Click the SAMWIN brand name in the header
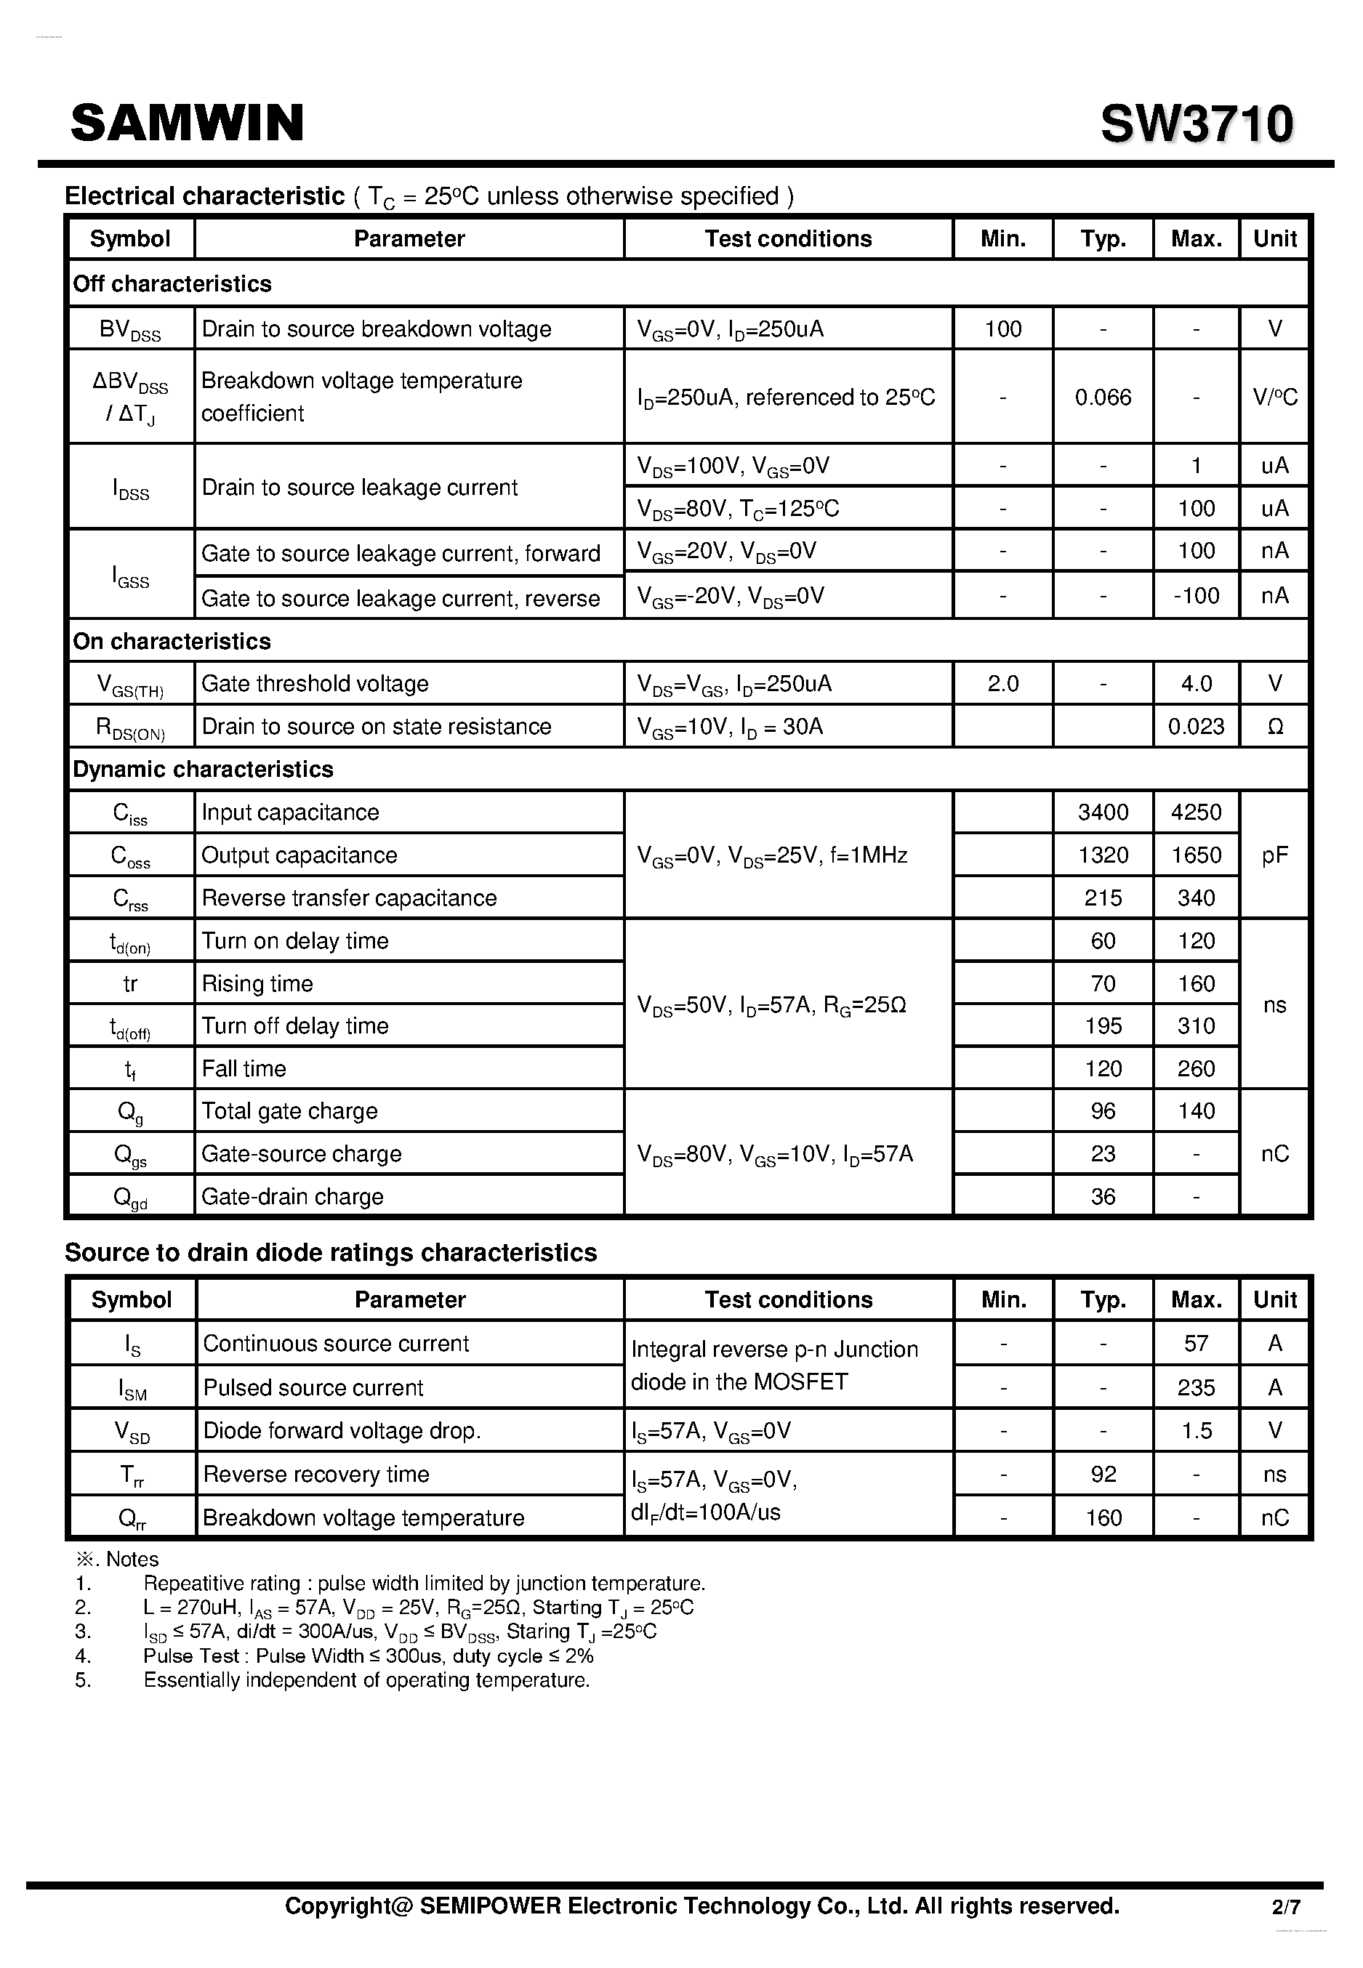click(187, 123)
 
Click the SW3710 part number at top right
click(1197, 125)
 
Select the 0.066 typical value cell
click(1103, 397)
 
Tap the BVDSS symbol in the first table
click(130, 329)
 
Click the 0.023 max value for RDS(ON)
click(1196, 727)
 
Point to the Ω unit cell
click(1274, 727)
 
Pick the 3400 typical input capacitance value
click(1103, 812)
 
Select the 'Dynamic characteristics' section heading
click(204, 770)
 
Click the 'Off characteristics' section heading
click(172, 283)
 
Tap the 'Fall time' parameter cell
click(244, 1068)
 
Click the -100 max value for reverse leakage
click(1196, 595)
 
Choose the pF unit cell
click(1274, 855)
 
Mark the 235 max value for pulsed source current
click(1196, 1387)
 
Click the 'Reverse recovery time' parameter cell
click(316, 1474)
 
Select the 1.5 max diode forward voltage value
click(1196, 1430)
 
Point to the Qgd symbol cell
click(130, 1197)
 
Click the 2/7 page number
click(1285, 1906)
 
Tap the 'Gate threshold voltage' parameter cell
click(315, 684)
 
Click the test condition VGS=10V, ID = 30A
click(730, 727)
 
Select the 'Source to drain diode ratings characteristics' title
click(331, 1252)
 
